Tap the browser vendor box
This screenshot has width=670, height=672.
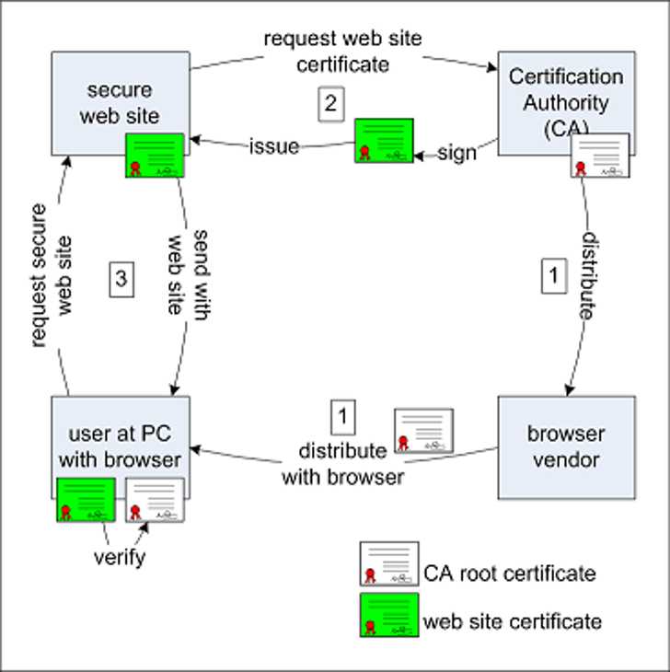coord(566,445)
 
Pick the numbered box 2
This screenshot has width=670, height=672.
coord(330,103)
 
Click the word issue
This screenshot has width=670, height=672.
coord(274,146)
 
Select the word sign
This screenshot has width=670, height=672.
coord(456,152)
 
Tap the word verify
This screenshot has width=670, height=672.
coord(119,557)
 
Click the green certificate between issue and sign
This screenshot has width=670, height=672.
coord(384,140)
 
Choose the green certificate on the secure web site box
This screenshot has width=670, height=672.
coord(155,156)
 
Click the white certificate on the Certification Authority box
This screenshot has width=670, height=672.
coord(600,156)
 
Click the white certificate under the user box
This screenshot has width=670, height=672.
coord(155,500)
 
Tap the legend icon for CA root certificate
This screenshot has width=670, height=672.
coord(388,564)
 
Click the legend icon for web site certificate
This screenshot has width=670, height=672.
coord(388,617)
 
